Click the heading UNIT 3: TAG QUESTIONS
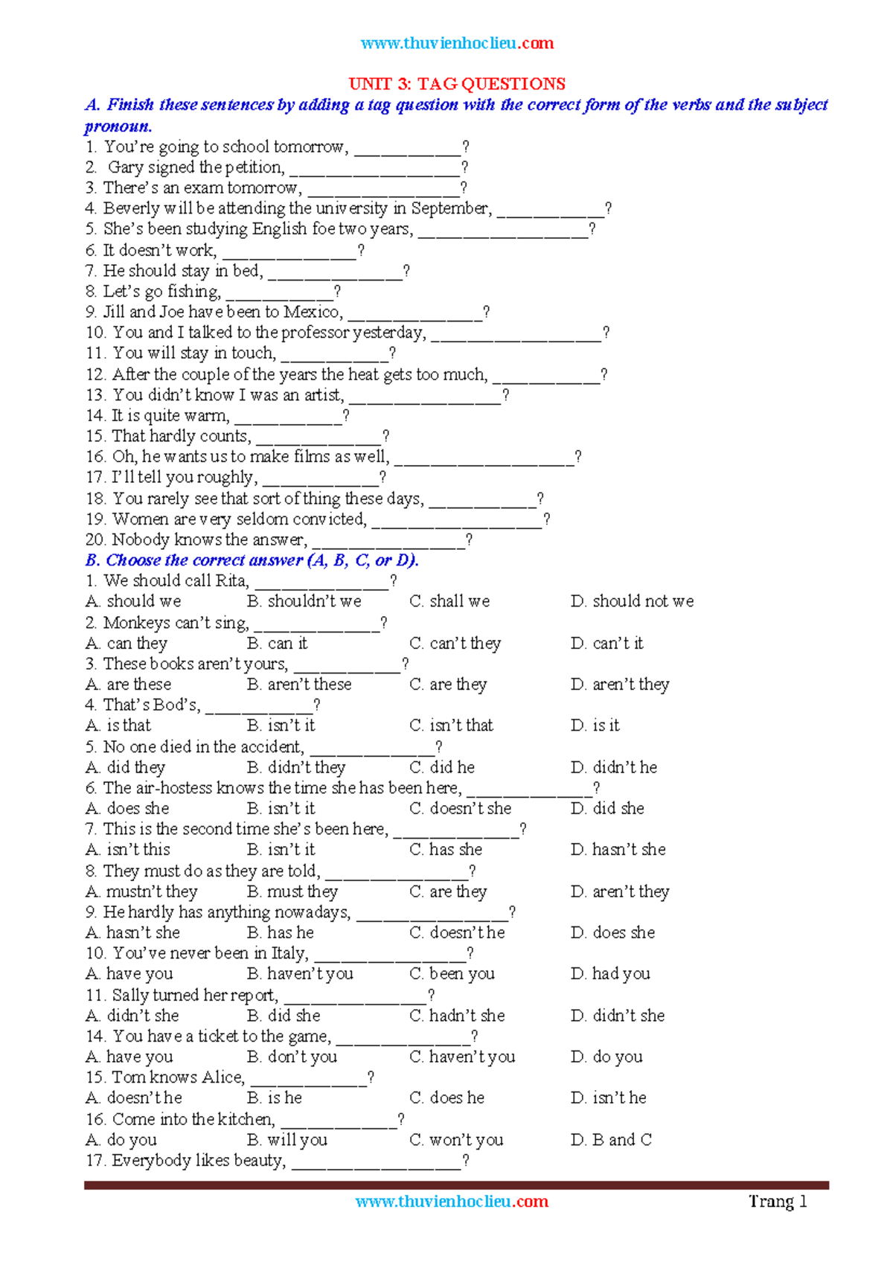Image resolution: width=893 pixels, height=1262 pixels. pyautogui.click(x=457, y=83)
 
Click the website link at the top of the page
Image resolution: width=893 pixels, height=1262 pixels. pyautogui.click(x=457, y=43)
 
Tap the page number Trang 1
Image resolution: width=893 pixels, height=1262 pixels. pyautogui.click(x=778, y=1201)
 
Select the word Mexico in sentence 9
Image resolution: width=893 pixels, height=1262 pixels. pyautogui.click(x=313, y=312)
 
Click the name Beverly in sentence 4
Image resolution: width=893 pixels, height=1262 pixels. pyautogui.click(x=132, y=208)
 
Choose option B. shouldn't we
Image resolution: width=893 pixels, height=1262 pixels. pyautogui.click(x=304, y=601)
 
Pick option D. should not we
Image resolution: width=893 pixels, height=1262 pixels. pyautogui.click(x=633, y=601)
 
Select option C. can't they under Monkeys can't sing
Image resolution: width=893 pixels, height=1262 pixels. pyautogui.click(x=455, y=643)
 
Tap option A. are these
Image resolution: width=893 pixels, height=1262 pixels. pyautogui.click(x=129, y=685)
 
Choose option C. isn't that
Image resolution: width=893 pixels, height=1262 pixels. pyautogui.click(x=452, y=726)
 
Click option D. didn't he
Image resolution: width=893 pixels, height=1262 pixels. pyautogui.click(x=615, y=767)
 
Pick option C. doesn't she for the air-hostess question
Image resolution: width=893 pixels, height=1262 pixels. pyautogui.click(x=461, y=808)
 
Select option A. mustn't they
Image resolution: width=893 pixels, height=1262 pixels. pyautogui.click(x=142, y=891)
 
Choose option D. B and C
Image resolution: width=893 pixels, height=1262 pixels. pyautogui.click(x=612, y=1139)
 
